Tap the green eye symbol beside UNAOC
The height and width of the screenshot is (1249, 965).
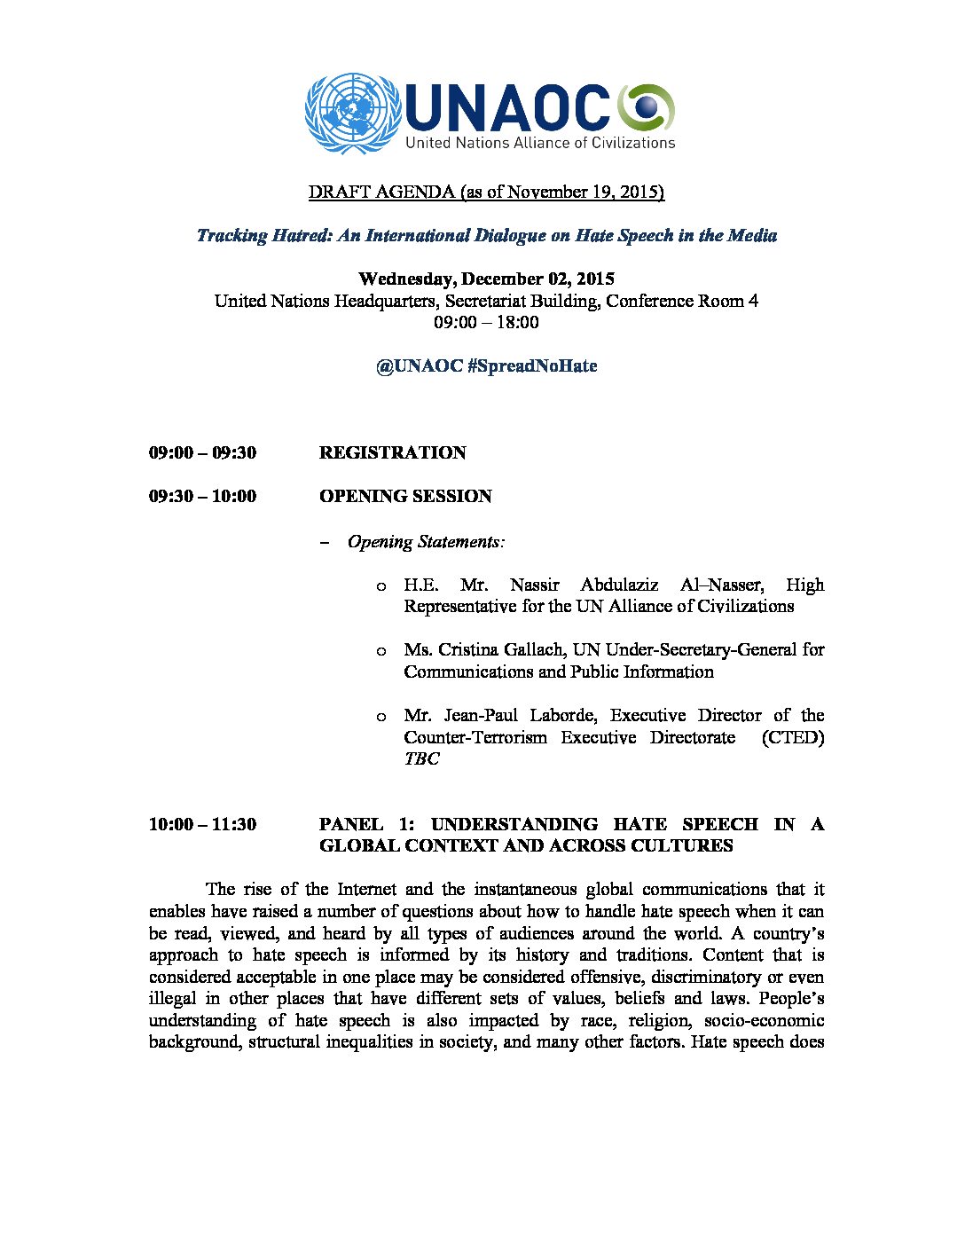tap(647, 107)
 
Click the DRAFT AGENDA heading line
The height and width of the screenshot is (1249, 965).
tap(486, 192)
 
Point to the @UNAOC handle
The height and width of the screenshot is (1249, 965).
tap(419, 366)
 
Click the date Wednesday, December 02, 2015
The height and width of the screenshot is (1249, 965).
tap(486, 279)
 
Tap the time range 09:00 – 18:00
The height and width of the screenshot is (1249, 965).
tap(486, 322)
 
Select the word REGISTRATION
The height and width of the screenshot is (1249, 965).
tap(392, 453)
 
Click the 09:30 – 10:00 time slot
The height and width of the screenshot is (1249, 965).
tap(202, 497)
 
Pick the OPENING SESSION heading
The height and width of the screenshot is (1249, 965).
tap(405, 497)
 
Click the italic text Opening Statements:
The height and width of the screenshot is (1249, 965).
tap(427, 542)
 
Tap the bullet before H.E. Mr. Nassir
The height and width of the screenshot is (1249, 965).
tap(381, 586)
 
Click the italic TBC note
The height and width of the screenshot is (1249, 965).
tap(421, 759)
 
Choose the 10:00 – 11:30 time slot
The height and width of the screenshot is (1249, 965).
tap(202, 825)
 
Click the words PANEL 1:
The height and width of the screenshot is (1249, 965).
tap(365, 825)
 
